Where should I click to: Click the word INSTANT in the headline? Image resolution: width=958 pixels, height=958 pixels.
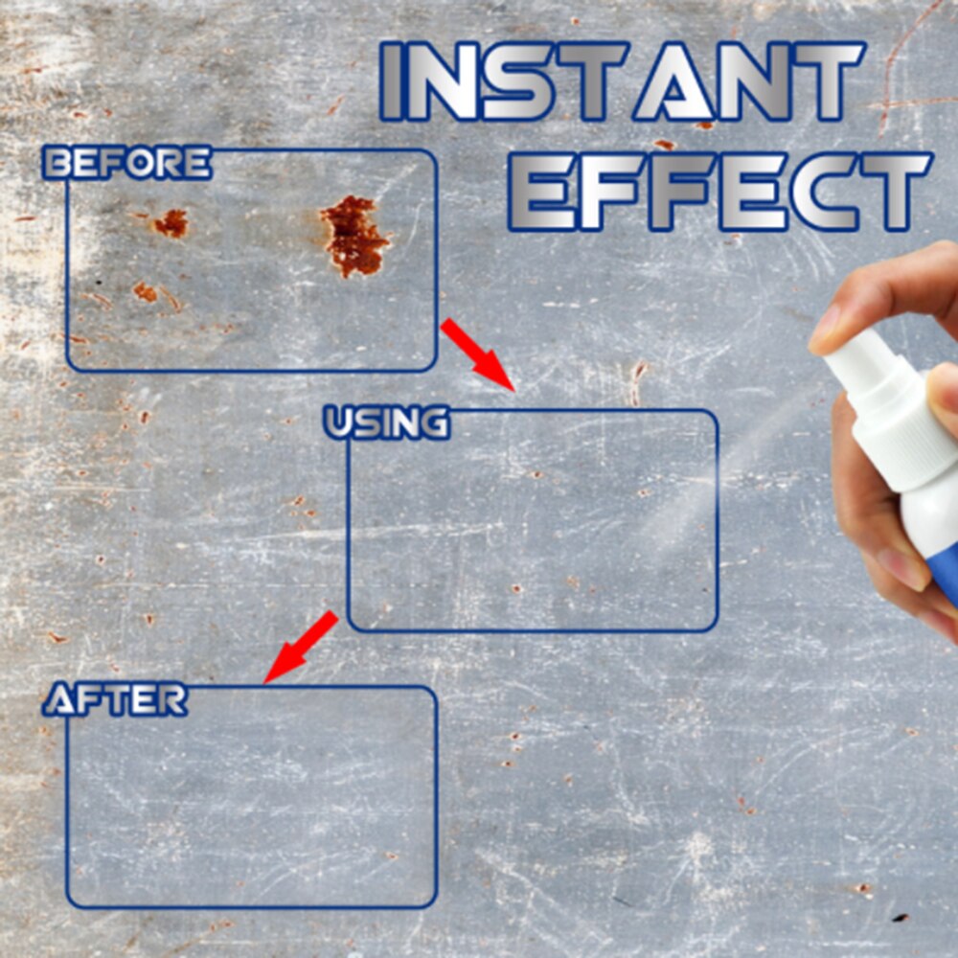pyautogui.click(x=622, y=81)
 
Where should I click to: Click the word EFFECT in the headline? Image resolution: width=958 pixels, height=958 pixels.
pyautogui.click(x=719, y=192)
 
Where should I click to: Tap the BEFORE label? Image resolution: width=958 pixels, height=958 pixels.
pyautogui.click(x=127, y=163)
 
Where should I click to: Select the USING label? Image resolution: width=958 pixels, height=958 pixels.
pyautogui.click(x=387, y=422)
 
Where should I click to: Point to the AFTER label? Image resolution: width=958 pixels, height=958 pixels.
pyautogui.click(x=116, y=699)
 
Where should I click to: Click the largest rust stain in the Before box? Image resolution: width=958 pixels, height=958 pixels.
pyautogui.click(x=354, y=236)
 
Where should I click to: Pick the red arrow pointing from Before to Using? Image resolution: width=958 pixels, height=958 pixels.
pyautogui.click(x=478, y=354)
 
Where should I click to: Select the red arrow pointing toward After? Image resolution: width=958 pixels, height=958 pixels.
pyautogui.click(x=301, y=647)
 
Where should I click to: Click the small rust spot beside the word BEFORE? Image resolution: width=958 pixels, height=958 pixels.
pyautogui.click(x=171, y=223)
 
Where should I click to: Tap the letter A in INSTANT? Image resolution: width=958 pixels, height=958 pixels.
pyautogui.click(x=673, y=81)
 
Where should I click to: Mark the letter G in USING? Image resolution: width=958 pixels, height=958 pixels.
pyautogui.click(x=433, y=423)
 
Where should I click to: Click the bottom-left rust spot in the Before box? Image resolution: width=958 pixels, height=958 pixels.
pyautogui.click(x=146, y=292)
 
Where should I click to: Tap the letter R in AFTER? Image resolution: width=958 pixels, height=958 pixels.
pyautogui.click(x=171, y=700)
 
